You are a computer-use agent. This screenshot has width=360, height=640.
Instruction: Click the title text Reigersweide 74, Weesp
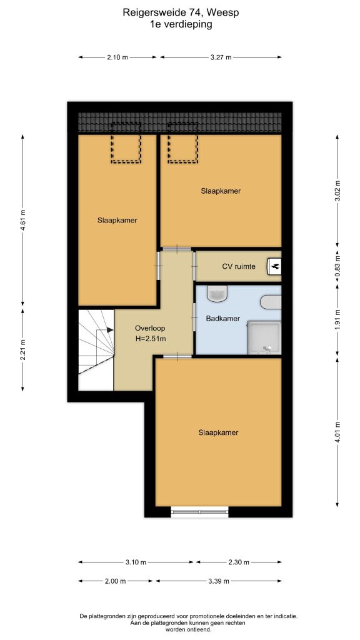181,12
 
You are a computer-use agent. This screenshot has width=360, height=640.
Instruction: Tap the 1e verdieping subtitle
181,24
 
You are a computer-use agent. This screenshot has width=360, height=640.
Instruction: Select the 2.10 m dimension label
117,57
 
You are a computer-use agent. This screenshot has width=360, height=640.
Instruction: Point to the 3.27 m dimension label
221,57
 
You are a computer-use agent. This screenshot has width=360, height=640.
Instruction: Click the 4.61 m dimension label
23,221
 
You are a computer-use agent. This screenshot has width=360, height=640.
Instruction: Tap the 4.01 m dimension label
337,432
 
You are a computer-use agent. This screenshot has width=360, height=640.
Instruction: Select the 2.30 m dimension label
239,562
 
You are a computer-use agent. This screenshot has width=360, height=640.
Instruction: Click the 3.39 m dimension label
219,581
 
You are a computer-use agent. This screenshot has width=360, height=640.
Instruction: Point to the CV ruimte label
239,266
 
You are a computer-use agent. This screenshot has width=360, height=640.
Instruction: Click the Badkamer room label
223,319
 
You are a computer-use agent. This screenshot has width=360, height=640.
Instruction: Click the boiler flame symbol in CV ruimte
274,266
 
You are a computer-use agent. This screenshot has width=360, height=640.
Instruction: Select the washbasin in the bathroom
217,293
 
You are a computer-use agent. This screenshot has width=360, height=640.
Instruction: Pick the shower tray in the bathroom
264,337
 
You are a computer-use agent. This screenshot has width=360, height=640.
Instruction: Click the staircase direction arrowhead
110,330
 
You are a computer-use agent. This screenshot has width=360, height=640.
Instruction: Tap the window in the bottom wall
199,512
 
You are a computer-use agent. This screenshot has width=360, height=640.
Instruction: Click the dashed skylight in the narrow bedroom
126,149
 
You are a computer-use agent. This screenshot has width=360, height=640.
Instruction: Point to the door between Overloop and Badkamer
195,317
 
